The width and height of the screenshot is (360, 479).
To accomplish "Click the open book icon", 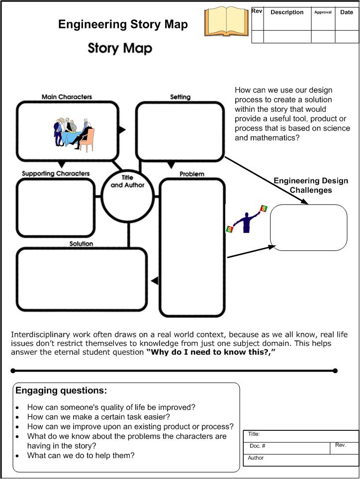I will point(226,21).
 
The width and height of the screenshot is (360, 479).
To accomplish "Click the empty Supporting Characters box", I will point(56,207).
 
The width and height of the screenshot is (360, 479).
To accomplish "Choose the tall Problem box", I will point(192,247).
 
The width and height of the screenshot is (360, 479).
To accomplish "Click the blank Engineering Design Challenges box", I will point(308,228).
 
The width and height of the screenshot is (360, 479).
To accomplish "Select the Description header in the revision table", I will point(287,12).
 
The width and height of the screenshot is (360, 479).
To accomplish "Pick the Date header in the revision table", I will point(347,12).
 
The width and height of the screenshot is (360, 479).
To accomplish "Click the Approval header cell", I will point(323,12).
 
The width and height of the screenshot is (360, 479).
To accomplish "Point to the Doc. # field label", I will point(258,446).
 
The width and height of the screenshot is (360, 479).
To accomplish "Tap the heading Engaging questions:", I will point(61,391).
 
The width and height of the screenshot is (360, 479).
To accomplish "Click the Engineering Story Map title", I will point(123,25).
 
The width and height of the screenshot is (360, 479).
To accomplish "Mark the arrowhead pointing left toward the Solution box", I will point(155,281).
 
